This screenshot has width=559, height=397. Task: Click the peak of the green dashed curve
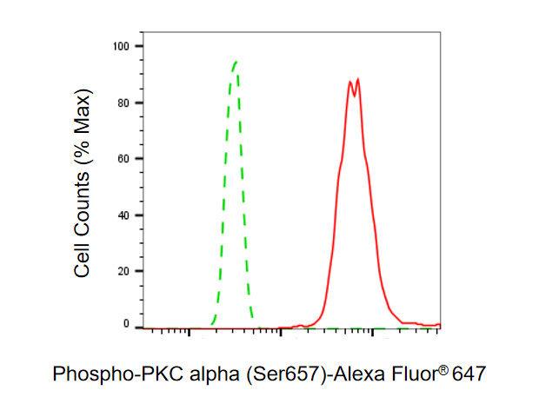236,62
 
